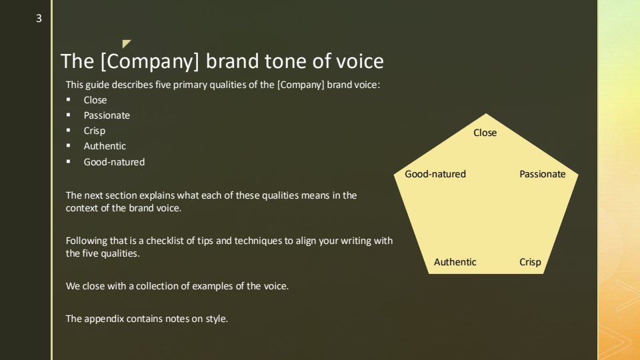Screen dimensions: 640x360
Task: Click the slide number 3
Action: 39,19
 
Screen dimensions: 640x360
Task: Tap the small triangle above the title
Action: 126,43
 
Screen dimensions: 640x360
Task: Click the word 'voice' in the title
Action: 359,61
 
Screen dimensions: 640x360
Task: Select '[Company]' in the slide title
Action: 150,61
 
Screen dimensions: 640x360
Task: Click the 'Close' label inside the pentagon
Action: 485,133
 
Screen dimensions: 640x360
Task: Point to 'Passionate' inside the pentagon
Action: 543,174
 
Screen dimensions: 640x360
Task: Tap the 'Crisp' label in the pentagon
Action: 530,262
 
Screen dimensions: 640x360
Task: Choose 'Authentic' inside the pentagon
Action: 455,262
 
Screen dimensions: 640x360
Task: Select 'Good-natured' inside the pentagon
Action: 435,174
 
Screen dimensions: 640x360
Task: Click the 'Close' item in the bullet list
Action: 95,100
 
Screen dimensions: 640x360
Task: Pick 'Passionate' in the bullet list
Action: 107,115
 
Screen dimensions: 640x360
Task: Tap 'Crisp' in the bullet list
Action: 94,131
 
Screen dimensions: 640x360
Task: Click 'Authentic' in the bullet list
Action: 105,146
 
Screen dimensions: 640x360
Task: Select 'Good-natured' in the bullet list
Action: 114,162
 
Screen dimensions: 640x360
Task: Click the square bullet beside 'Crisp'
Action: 68,130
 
